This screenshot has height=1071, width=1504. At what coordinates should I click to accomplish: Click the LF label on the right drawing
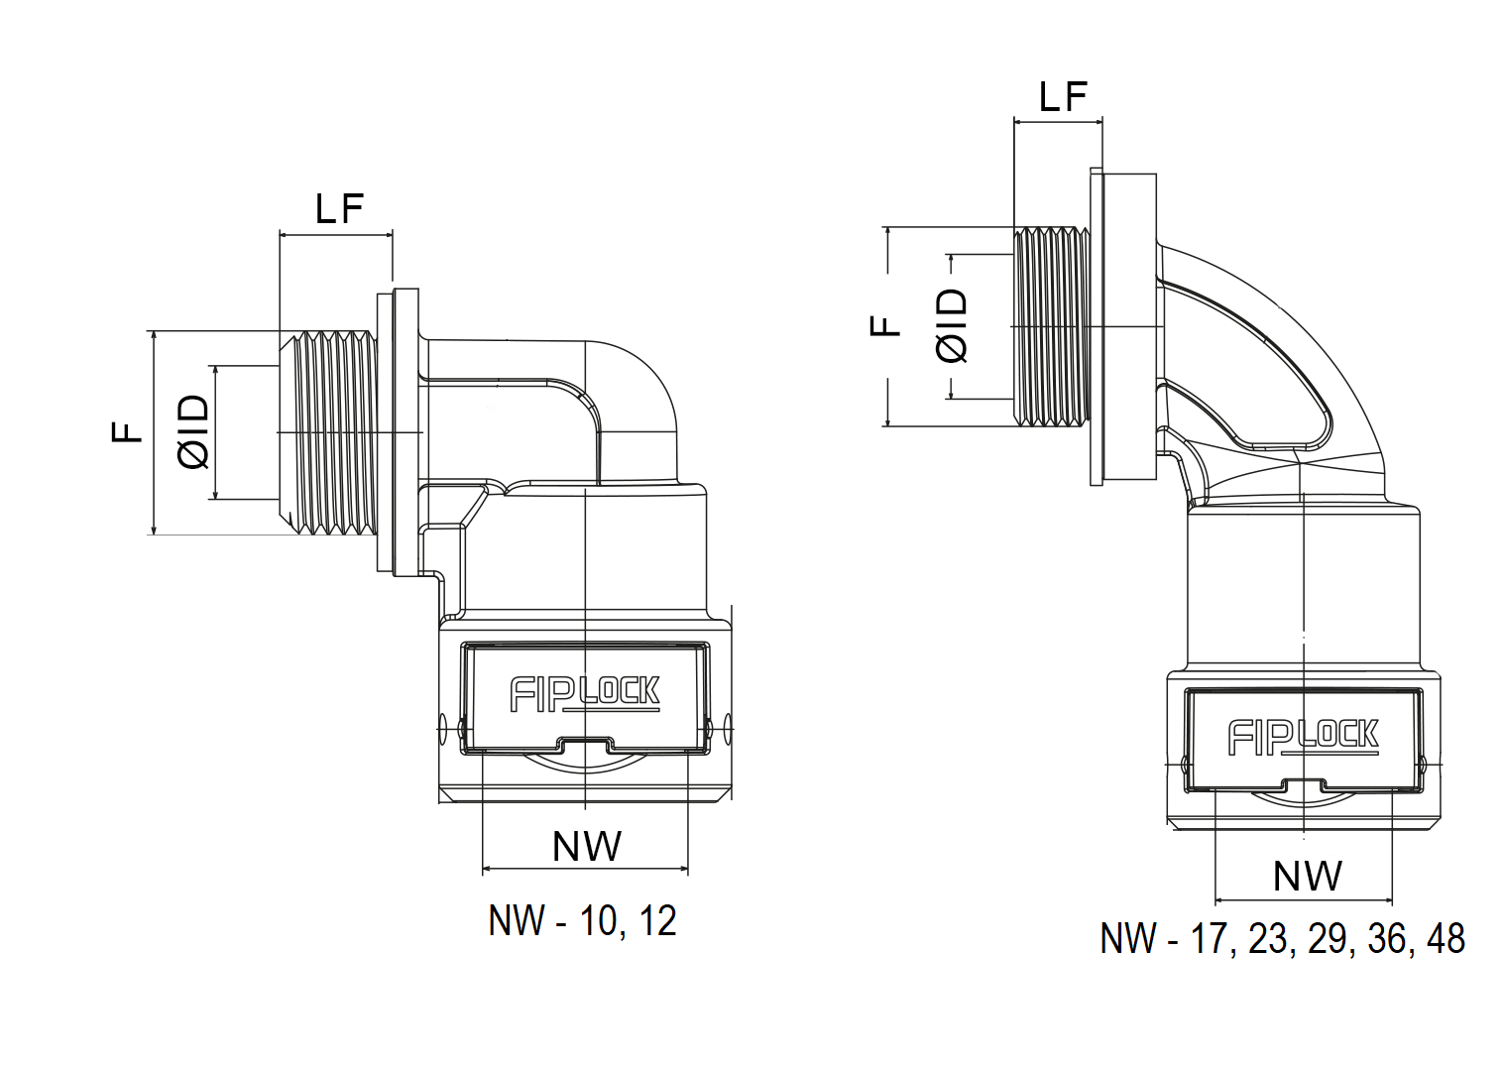1063,97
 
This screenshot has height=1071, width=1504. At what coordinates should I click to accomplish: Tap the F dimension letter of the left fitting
126,431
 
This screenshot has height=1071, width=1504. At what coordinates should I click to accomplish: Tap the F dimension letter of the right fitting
884,326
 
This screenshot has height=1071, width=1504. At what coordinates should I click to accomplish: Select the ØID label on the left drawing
194,431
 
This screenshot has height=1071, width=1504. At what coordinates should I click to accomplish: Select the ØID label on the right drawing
953,326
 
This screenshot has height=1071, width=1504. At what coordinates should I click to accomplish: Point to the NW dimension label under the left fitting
587,846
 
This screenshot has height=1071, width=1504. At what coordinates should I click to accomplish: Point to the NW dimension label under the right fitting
1308,876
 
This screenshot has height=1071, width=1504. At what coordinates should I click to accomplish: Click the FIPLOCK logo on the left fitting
585,693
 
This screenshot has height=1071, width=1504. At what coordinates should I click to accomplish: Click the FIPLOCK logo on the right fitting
1304,737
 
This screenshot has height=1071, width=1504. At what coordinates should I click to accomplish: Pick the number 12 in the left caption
657,921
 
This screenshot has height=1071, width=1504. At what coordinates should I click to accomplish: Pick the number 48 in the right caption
1446,939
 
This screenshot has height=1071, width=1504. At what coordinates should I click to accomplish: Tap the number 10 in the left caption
598,921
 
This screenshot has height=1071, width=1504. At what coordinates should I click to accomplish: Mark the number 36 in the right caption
1387,939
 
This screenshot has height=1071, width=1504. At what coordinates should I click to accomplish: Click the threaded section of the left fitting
328,432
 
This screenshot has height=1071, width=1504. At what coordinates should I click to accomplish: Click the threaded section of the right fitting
1052,326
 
